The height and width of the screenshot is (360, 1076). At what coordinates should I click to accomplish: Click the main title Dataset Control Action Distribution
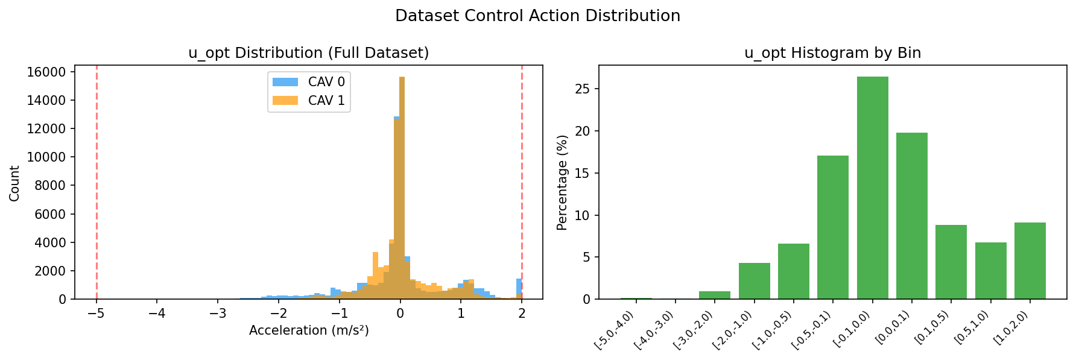[x=537, y=16]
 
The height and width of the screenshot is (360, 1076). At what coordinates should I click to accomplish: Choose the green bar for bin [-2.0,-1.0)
[x=754, y=281]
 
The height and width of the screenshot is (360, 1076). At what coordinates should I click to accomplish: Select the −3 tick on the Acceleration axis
[x=218, y=314]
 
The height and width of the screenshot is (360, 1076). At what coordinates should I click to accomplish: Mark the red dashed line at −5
[x=97, y=181]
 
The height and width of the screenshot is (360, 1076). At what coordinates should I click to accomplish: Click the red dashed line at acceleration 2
[x=522, y=181]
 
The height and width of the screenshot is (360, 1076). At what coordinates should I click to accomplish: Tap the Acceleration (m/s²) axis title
[x=309, y=330]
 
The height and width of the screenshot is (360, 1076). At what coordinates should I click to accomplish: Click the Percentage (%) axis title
[x=562, y=182]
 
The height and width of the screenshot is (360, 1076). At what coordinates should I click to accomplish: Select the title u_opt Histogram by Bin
[x=832, y=53]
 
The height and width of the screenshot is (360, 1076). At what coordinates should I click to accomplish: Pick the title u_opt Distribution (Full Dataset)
[x=309, y=53]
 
